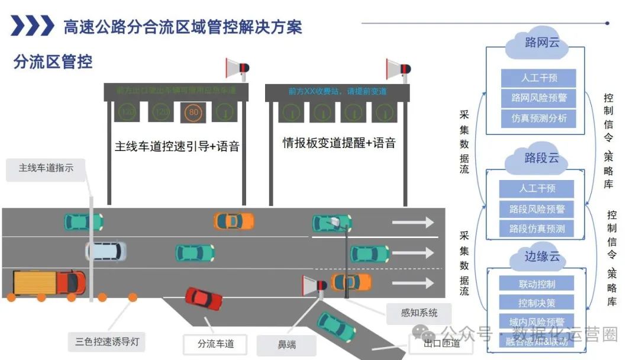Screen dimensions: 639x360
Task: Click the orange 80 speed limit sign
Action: tap(192, 111)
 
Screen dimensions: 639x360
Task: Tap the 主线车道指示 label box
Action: tap(46, 169)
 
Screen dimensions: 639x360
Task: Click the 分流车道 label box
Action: tap(215, 344)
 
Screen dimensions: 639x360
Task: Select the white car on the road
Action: tap(106, 251)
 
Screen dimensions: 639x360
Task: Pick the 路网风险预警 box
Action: tap(538, 98)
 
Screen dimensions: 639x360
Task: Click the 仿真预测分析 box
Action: tap(538, 118)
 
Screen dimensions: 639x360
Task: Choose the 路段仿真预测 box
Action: tap(537, 229)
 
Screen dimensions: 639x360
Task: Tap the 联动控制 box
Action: tap(537, 284)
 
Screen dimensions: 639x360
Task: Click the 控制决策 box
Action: tap(537, 303)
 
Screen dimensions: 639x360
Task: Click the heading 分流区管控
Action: tap(53, 62)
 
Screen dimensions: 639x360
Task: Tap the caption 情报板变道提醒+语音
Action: tap(339, 143)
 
